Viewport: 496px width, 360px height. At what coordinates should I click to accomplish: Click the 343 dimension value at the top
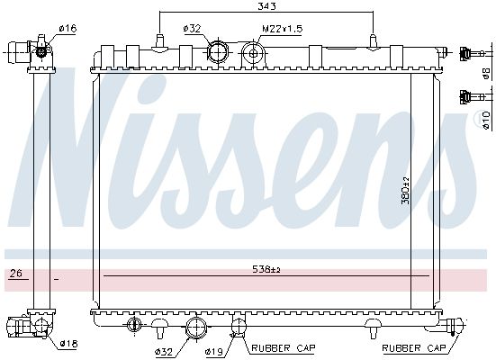(266, 6)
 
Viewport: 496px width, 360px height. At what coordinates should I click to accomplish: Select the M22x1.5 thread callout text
(282, 29)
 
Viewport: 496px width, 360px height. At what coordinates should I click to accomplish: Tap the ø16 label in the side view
(68, 29)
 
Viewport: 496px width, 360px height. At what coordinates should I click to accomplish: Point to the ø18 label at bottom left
(68, 343)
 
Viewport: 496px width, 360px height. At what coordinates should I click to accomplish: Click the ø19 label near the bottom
(214, 351)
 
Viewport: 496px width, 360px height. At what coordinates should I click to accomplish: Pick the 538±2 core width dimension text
(266, 269)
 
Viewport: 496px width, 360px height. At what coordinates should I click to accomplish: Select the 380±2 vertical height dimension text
(405, 190)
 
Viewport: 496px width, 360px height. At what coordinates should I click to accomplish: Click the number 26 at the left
(16, 273)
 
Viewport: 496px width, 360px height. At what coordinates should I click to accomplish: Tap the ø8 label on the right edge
(486, 74)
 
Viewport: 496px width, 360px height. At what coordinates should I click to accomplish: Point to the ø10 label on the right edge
(486, 120)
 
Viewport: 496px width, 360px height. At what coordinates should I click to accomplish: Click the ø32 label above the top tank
(192, 29)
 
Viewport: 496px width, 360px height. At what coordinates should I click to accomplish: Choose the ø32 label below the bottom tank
(164, 351)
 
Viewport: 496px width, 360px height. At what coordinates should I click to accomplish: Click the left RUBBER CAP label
(284, 348)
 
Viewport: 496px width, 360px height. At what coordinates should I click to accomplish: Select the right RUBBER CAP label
(414, 348)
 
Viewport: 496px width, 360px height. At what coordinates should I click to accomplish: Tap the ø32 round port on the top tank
(218, 51)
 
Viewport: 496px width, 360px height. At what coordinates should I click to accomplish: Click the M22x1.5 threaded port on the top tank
(253, 54)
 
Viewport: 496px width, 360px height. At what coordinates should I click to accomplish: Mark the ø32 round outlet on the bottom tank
(196, 328)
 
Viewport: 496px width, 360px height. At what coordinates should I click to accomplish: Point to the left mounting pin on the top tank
(160, 42)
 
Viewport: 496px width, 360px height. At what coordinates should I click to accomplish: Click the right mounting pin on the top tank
(374, 42)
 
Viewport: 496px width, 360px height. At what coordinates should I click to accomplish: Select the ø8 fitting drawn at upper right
(472, 53)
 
